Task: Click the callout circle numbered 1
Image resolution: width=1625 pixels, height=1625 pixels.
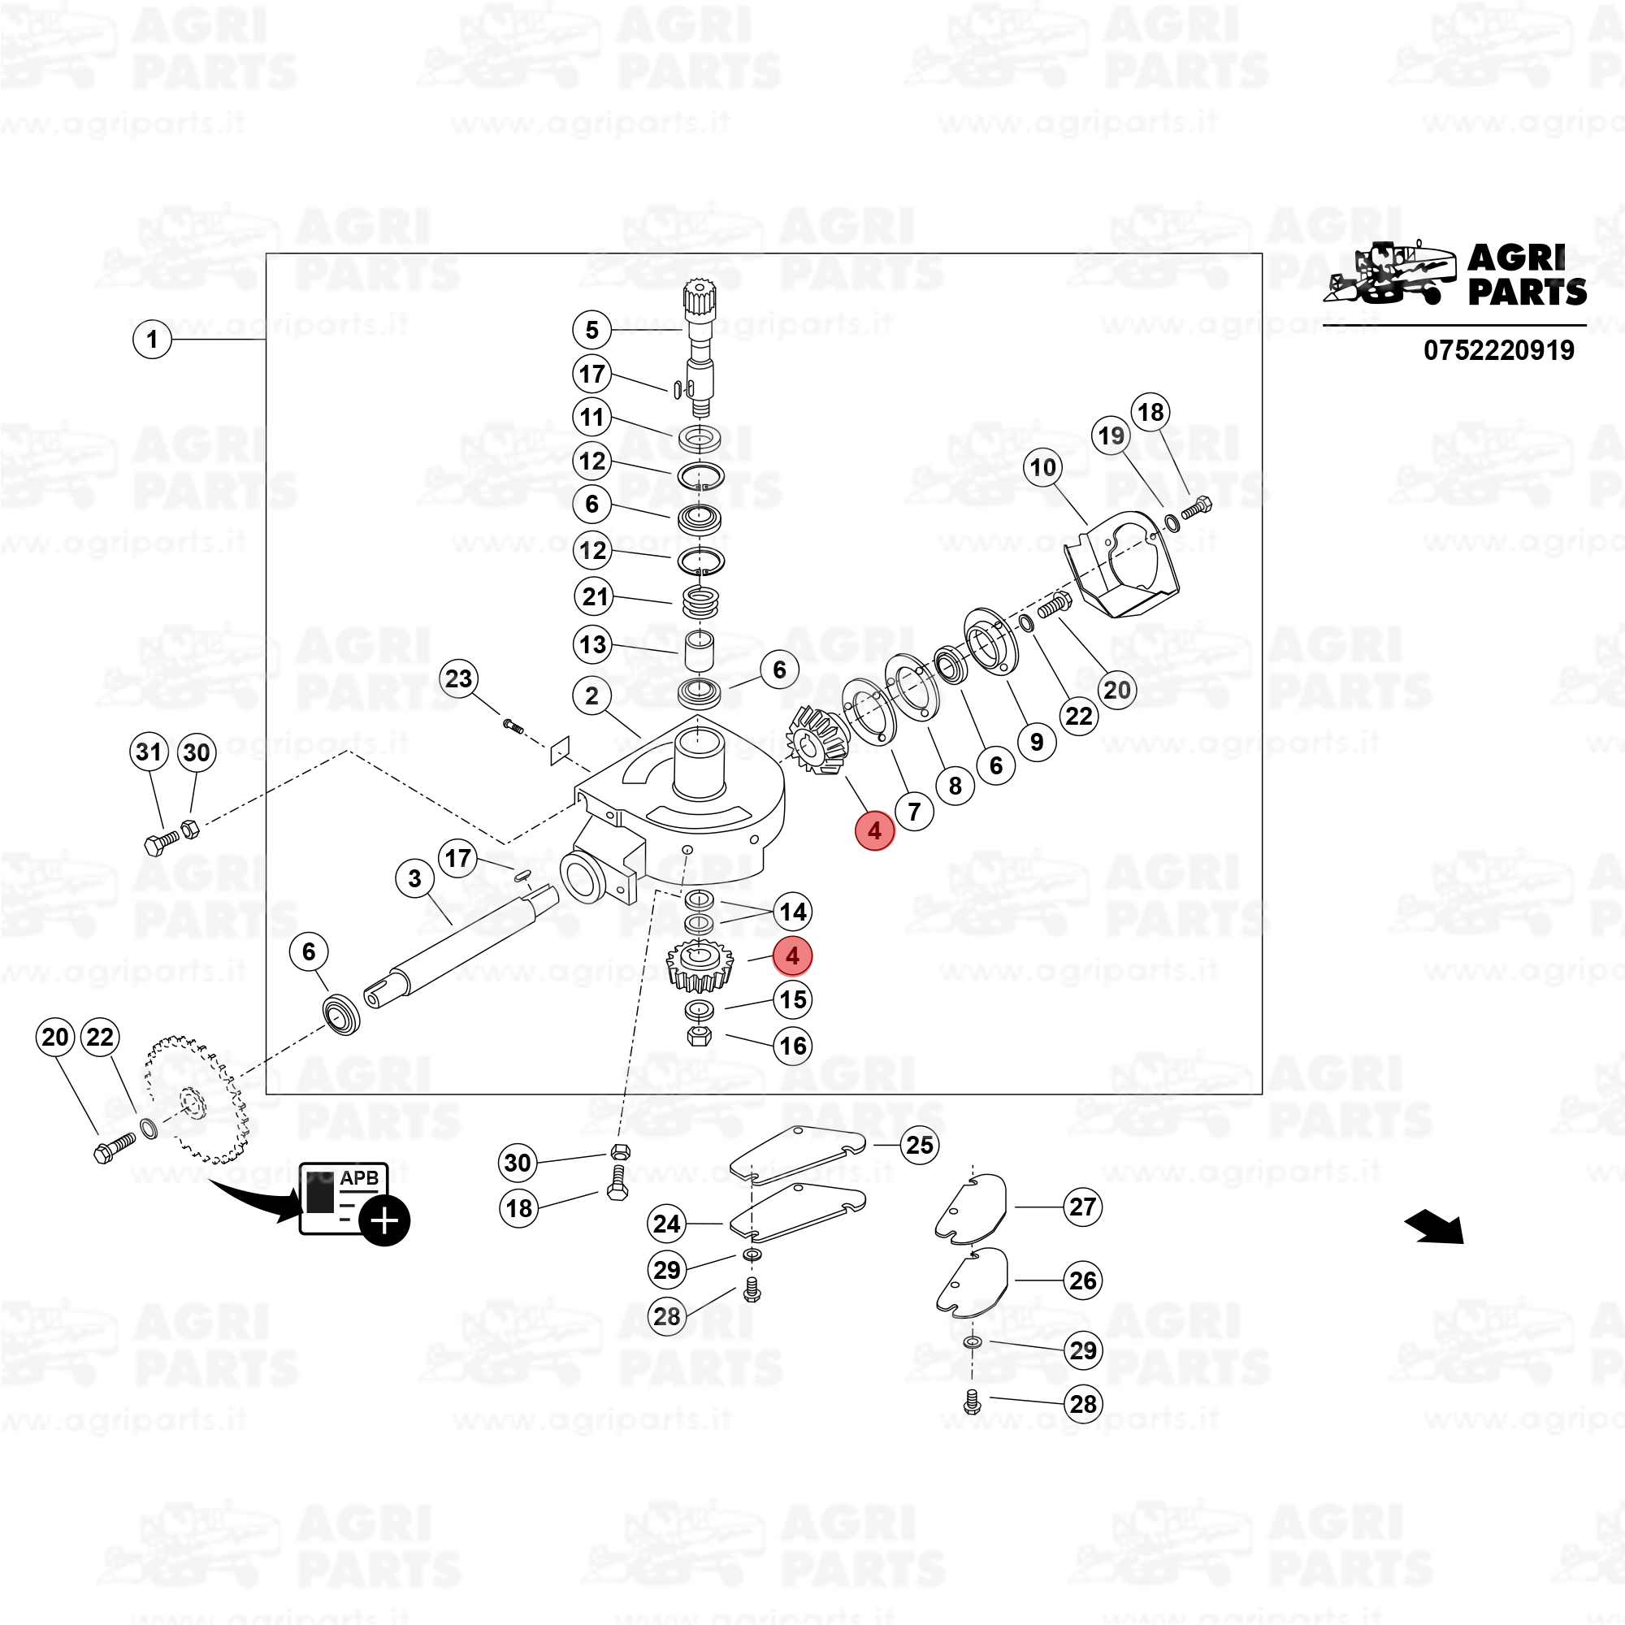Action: coord(152,340)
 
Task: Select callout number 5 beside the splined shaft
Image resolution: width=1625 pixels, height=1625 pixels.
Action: coord(592,330)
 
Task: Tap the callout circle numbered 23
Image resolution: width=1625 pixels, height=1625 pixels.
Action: coord(458,678)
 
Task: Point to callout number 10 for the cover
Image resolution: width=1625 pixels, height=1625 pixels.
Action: coord(1043,468)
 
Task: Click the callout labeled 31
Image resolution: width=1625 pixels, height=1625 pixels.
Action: coord(149,751)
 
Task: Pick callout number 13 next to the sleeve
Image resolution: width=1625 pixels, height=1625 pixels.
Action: coord(593,645)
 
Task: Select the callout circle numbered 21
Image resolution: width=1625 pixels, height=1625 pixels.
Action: coord(596,597)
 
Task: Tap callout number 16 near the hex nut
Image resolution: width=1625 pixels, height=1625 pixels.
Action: coord(793,1046)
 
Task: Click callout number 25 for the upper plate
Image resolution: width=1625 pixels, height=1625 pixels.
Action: coord(919,1145)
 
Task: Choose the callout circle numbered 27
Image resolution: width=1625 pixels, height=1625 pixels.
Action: coord(1082,1207)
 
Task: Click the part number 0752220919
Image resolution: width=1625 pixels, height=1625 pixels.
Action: coord(1499,350)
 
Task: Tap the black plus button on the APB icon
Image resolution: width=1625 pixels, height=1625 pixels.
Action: coord(384,1220)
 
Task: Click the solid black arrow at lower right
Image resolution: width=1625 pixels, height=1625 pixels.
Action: coord(1435,1227)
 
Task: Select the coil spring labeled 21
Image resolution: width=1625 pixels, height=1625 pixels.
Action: coord(700,601)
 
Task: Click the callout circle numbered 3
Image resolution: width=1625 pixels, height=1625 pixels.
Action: coord(414,879)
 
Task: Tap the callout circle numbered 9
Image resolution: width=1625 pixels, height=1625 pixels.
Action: coord(1036,742)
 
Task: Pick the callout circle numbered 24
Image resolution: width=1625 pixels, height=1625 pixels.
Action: coord(667,1224)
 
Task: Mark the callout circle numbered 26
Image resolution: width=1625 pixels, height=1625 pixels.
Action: coord(1082,1281)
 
